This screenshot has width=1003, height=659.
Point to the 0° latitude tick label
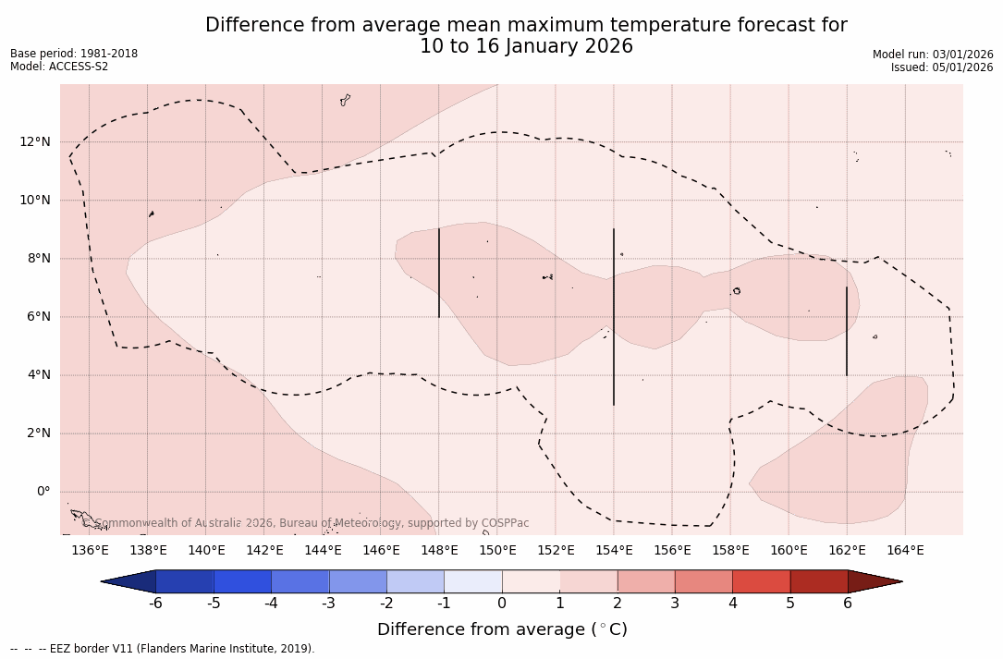click(x=43, y=492)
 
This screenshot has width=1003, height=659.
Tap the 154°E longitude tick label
click(x=614, y=551)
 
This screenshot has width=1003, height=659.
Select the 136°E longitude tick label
click(x=90, y=551)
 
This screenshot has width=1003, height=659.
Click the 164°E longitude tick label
click(x=905, y=551)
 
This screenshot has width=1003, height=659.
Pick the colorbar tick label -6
click(x=155, y=604)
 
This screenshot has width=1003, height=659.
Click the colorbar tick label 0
click(x=502, y=604)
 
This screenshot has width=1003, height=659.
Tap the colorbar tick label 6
click(x=848, y=604)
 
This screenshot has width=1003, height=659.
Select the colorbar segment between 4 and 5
click(x=761, y=581)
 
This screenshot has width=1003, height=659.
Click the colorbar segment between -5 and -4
click(x=242, y=581)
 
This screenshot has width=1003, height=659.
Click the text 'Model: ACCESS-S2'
click(x=59, y=67)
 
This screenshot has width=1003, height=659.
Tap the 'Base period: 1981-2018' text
click(x=74, y=54)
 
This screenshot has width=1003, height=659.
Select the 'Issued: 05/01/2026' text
click(x=942, y=67)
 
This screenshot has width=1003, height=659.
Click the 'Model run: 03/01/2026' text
click(x=933, y=55)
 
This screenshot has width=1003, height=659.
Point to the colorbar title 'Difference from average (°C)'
click(x=502, y=629)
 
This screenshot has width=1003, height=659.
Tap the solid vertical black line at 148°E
click(x=439, y=273)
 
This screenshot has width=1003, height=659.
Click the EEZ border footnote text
click(x=163, y=649)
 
